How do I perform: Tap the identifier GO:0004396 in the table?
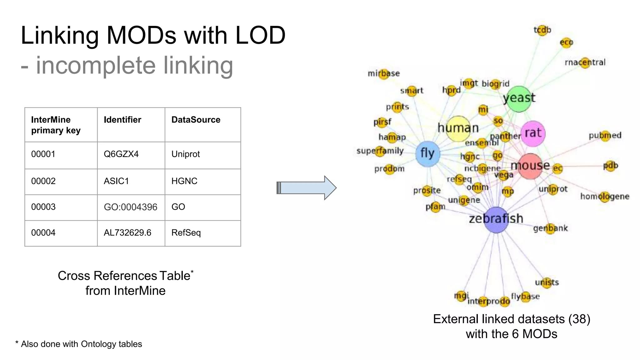(131, 207)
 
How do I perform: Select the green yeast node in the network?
(519, 99)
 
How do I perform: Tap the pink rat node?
(533, 133)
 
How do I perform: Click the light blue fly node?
(427, 153)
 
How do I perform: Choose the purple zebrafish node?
(496, 219)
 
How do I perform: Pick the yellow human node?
(458, 128)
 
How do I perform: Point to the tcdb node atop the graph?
(542, 30)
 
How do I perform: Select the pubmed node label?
(605, 136)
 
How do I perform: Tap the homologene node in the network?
(605, 197)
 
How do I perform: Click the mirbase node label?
(384, 74)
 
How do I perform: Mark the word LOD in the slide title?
(260, 35)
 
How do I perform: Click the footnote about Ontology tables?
(79, 344)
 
